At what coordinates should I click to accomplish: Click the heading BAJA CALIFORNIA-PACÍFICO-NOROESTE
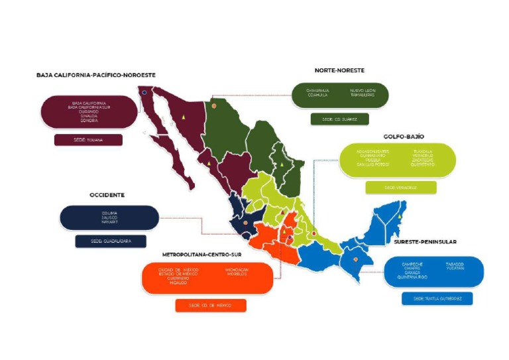pos(96,75)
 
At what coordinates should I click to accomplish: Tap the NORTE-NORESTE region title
pos(339,70)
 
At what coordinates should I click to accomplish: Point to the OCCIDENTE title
pos(107,195)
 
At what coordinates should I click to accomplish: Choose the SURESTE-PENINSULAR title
pos(425,242)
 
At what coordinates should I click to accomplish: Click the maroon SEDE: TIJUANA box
pos(88,141)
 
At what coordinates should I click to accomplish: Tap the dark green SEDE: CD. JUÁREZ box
pos(339,119)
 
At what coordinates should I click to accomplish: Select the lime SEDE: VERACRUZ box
pos(400,188)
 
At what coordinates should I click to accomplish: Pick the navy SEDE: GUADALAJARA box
pos(110,241)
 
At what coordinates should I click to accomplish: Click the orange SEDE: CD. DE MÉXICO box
pos(211,305)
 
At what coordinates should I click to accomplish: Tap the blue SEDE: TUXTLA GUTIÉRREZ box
pos(437,298)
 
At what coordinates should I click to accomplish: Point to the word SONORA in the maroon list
pos(89,121)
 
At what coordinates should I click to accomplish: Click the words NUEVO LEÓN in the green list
pos(363,91)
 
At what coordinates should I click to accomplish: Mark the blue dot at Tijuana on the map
pos(144,93)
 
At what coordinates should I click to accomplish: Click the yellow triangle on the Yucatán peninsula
pos(400,217)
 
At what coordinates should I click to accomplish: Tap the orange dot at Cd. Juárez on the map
pos(213,105)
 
